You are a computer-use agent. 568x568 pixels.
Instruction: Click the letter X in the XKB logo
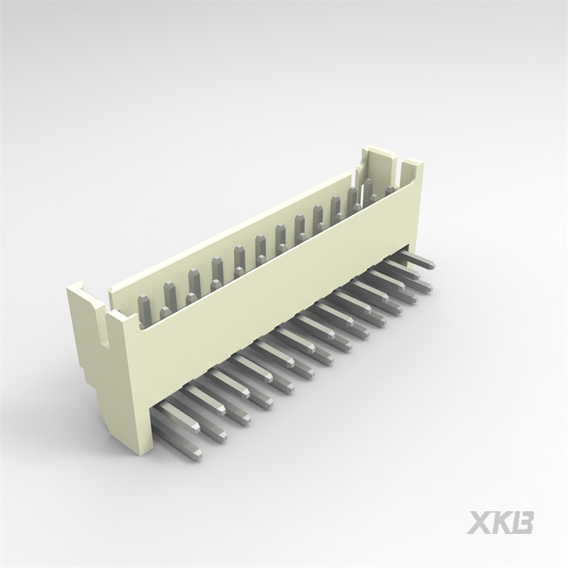[479, 523]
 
